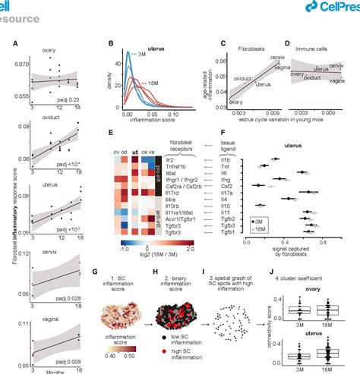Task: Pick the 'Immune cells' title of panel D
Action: pos(313,55)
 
